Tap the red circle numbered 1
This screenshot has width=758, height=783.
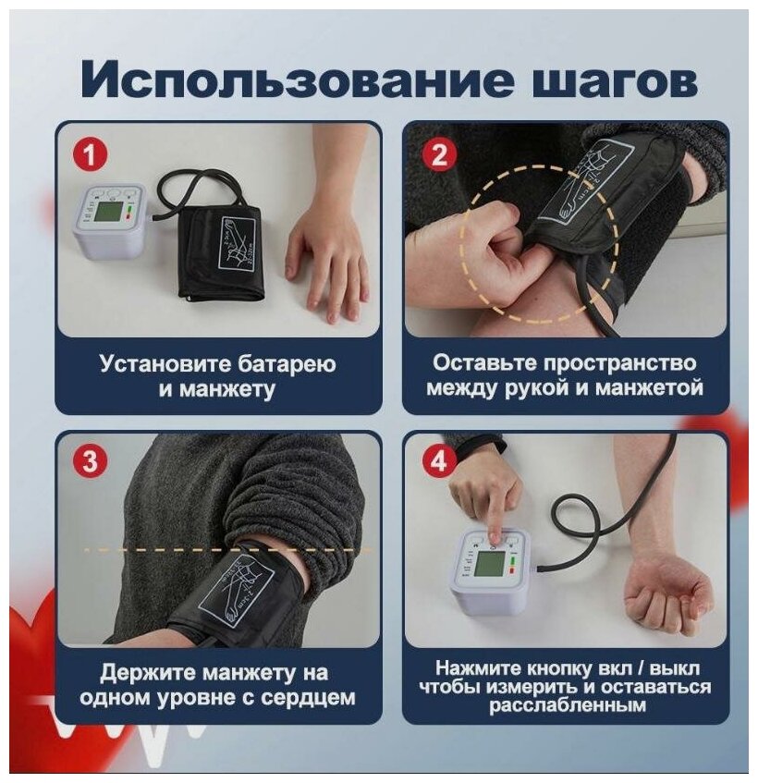[x=91, y=154]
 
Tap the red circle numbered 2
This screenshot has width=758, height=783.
[x=438, y=154]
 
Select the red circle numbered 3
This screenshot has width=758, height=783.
[x=91, y=460]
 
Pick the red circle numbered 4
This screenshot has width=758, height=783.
[x=438, y=460]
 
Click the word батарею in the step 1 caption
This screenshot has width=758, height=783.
[x=287, y=364]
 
